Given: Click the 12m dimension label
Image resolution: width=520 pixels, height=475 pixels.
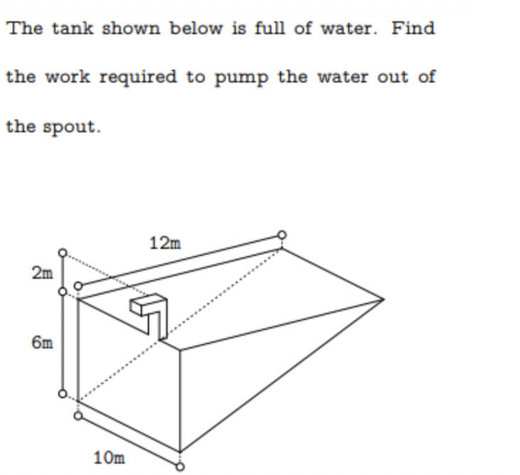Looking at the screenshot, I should (165, 243).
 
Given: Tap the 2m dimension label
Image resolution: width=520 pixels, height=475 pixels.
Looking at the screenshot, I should (42, 273).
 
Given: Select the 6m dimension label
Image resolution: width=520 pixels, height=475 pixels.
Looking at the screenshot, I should (42, 343).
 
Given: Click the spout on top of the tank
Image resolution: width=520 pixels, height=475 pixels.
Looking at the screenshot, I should (149, 314).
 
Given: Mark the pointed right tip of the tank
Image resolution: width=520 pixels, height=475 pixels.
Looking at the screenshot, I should (384, 299).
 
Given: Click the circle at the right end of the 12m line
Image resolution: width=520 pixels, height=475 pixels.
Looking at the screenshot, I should (282, 235).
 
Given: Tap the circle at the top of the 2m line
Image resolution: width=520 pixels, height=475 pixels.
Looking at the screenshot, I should (63, 252).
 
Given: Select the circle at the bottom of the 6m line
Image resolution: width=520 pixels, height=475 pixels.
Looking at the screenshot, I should (63, 394).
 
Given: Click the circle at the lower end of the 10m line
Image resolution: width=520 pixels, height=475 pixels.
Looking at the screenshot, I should (180, 466).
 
